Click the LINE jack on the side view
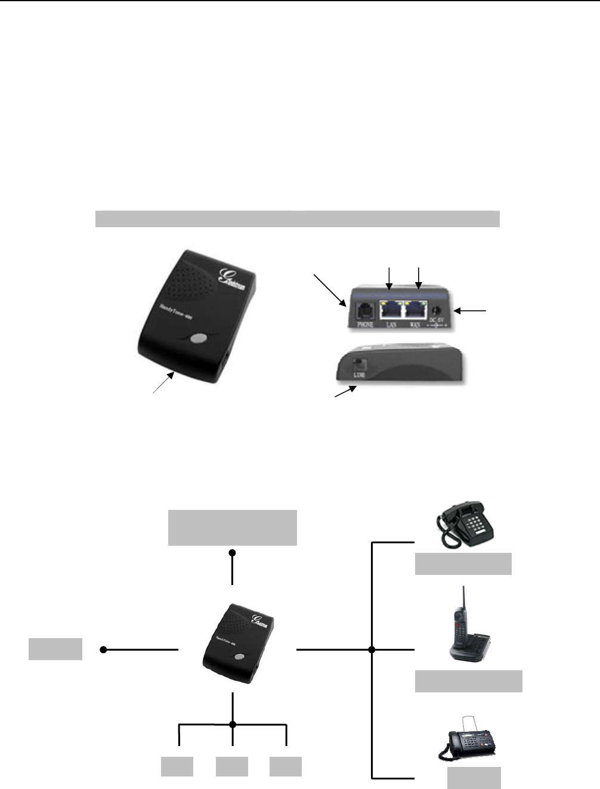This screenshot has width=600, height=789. (358, 363)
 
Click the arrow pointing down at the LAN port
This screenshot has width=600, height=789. (389, 278)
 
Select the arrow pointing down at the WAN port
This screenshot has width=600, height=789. (419, 278)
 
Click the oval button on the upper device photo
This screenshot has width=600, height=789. (196, 339)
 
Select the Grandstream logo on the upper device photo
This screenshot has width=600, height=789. (234, 281)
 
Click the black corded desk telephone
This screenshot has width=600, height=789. (466, 524)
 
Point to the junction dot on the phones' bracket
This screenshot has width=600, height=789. (372, 649)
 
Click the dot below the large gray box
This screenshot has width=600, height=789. (233, 553)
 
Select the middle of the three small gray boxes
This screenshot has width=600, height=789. (232, 766)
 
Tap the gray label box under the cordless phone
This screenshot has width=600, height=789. (469, 681)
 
